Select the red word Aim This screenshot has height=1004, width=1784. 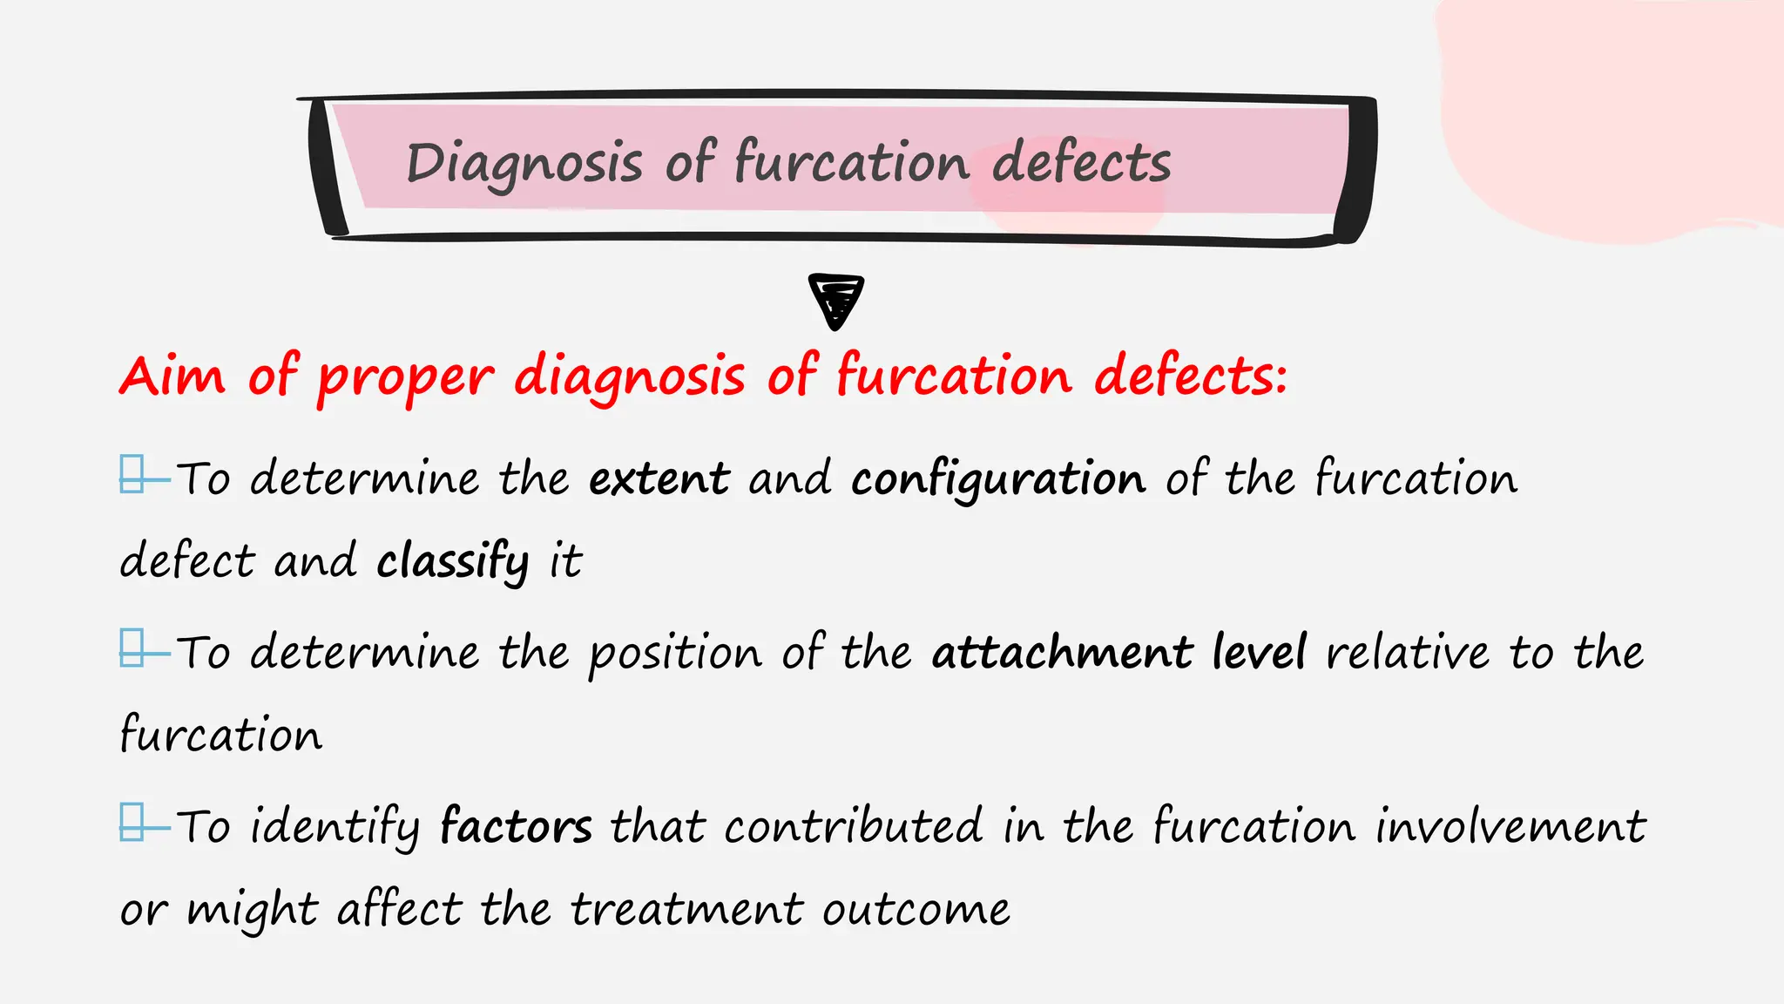tap(172, 376)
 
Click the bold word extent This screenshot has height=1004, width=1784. tap(659, 478)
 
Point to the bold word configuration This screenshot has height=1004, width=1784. tap(998, 478)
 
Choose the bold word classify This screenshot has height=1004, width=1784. tap(452, 560)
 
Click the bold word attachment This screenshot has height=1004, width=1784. tap(1062, 653)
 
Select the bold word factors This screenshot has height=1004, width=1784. tap(516, 826)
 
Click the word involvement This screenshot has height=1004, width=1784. tap(1510, 826)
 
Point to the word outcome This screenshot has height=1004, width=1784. tap(916, 909)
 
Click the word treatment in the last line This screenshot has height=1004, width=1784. tap(686, 909)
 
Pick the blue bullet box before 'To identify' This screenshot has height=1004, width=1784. tap(132, 822)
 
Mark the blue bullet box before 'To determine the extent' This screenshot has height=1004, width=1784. tap(132, 474)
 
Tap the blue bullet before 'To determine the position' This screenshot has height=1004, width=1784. tap(132, 648)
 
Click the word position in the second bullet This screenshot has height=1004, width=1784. tap(675, 654)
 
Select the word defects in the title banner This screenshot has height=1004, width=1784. tap(1081, 163)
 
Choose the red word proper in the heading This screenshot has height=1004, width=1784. tap(405, 377)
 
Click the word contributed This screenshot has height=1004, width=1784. tap(853, 826)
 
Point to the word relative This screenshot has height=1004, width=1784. tap(1408, 653)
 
